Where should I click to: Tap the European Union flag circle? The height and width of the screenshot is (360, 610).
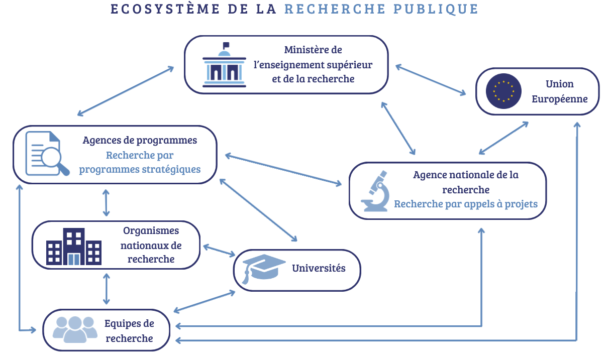click(x=503, y=91)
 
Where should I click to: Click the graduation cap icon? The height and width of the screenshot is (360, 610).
click(x=261, y=269)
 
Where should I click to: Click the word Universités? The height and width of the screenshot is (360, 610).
click(x=319, y=268)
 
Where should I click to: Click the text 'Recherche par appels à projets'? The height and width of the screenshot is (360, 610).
click(x=466, y=204)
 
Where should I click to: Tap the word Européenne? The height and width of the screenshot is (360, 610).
click(x=560, y=99)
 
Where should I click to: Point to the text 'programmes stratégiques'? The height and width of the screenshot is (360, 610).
click(x=140, y=169)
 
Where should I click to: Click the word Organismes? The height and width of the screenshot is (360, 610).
click(x=151, y=230)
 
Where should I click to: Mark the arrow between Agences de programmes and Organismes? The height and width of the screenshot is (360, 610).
click(x=106, y=202)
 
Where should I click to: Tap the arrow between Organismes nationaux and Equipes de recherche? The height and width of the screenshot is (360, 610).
click(x=106, y=289)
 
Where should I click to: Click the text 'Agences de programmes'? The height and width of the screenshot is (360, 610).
click(x=140, y=140)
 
